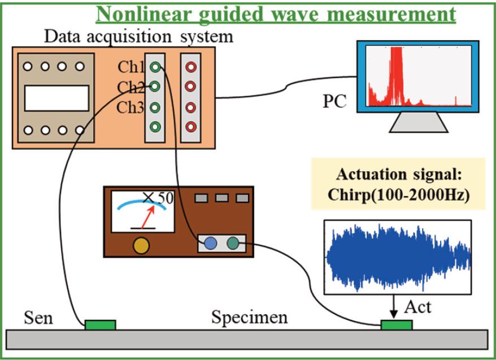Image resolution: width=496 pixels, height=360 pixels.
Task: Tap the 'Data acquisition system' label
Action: click(x=139, y=37)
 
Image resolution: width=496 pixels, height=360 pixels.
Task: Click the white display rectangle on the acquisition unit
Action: click(x=56, y=97)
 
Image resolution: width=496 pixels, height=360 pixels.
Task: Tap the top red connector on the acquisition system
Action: click(x=190, y=67)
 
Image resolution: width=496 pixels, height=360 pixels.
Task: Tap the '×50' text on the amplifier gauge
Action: click(x=157, y=198)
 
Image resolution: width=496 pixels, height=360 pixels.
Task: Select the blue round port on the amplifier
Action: click(x=210, y=243)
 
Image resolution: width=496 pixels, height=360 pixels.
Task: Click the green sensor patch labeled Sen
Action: click(x=100, y=324)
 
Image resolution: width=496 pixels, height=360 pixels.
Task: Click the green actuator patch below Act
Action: click(x=397, y=325)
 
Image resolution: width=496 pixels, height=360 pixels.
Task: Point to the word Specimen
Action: click(x=249, y=318)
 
